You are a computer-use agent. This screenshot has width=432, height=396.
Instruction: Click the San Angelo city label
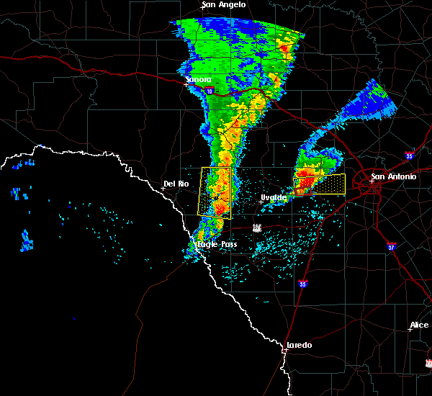(x=223, y=5)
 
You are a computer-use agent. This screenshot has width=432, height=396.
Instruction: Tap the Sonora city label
(x=198, y=79)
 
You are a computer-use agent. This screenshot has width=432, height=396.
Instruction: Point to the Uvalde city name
(x=274, y=197)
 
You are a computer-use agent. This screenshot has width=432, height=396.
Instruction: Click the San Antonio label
(x=393, y=176)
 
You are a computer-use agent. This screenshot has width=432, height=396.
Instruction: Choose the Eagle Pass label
(x=217, y=245)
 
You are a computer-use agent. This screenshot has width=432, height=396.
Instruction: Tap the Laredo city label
(x=299, y=345)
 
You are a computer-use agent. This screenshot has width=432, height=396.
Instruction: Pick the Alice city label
(x=419, y=325)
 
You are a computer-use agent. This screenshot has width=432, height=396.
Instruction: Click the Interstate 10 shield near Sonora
(x=209, y=91)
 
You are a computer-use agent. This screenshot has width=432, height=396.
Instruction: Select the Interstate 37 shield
(x=390, y=246)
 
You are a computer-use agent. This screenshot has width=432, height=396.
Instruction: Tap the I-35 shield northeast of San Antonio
(x=409, y=154)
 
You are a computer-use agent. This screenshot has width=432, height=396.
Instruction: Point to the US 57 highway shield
(x=257, y=228)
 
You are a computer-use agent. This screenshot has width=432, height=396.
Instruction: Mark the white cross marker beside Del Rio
(x=163, y=189)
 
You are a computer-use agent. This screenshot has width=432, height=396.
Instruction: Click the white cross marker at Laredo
(x=286, y=350)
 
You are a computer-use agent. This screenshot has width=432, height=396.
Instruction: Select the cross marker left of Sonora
(x=186, y=84)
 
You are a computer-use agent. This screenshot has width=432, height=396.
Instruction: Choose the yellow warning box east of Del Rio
(x=215, y=192)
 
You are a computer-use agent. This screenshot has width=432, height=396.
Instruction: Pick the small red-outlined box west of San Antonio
(x=300, y=192)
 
